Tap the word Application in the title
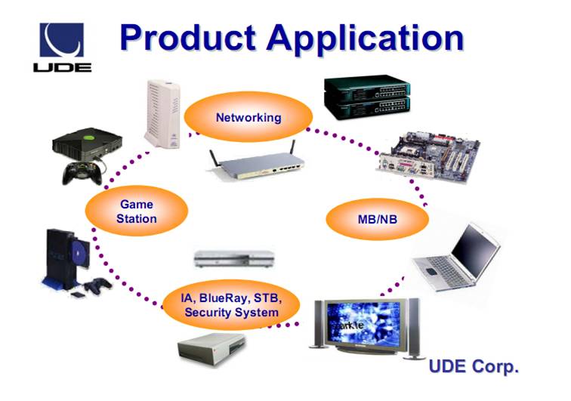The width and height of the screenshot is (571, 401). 363,39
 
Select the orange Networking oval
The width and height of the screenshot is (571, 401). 248,118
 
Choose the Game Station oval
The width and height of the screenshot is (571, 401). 136,211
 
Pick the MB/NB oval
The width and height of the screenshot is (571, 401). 377,219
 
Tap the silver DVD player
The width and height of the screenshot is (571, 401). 234,258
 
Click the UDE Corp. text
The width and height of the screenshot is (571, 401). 474,368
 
